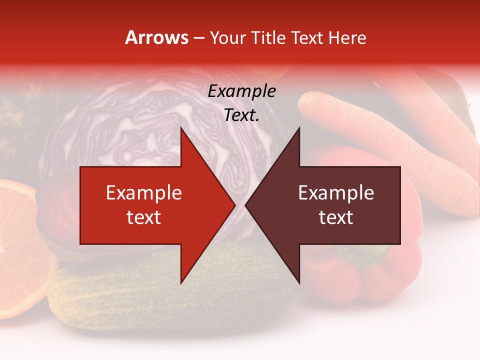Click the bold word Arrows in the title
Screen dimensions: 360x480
pos(157,37)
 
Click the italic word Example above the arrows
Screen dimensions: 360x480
pos(241,91)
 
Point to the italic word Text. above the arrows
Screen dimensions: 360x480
pos(241,115)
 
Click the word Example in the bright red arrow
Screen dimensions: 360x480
pos(143,193)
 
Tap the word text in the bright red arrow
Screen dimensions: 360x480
pos(143,217)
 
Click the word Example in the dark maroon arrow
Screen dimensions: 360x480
pos(336,193)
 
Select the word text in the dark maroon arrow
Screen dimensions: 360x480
pos(336,217)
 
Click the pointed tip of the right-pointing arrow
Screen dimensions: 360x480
pos(235,205)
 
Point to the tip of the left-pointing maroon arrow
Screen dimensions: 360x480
pos(246,205)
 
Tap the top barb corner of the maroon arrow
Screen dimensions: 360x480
pos(299,129)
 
